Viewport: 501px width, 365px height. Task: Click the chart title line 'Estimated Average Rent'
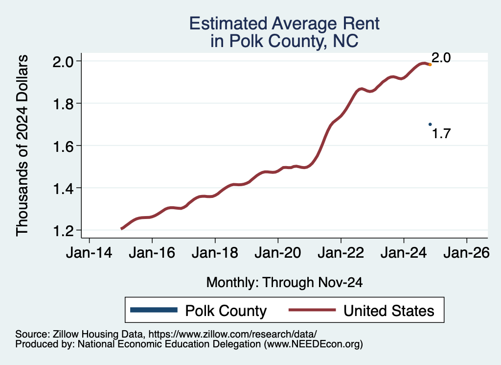coord(284,23)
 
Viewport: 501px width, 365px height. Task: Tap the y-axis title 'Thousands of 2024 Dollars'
coord(23,146)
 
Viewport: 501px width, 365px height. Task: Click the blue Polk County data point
coord(430,124)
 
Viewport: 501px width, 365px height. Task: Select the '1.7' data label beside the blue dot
coord(441,133)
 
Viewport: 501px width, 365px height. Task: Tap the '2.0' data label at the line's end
coord(441,58)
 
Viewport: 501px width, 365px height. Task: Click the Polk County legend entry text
coord(226,311)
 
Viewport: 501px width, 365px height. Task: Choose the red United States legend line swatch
coord(312,310)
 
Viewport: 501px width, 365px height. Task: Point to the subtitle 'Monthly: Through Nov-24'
coord(284,282)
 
